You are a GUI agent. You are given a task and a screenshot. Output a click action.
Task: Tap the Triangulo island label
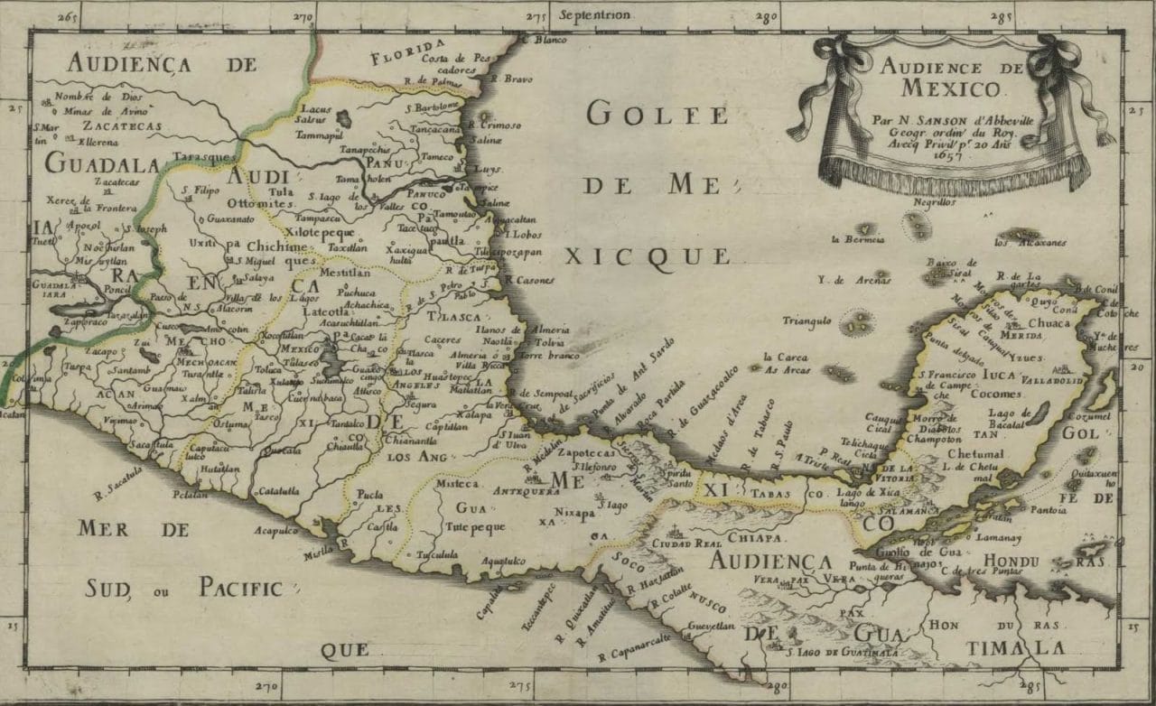click(x=806, y=320)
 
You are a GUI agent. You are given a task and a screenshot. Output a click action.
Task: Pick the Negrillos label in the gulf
click(x=934, y=203)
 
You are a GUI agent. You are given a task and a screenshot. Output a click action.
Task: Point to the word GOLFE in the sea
click(x=643, y=115)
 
